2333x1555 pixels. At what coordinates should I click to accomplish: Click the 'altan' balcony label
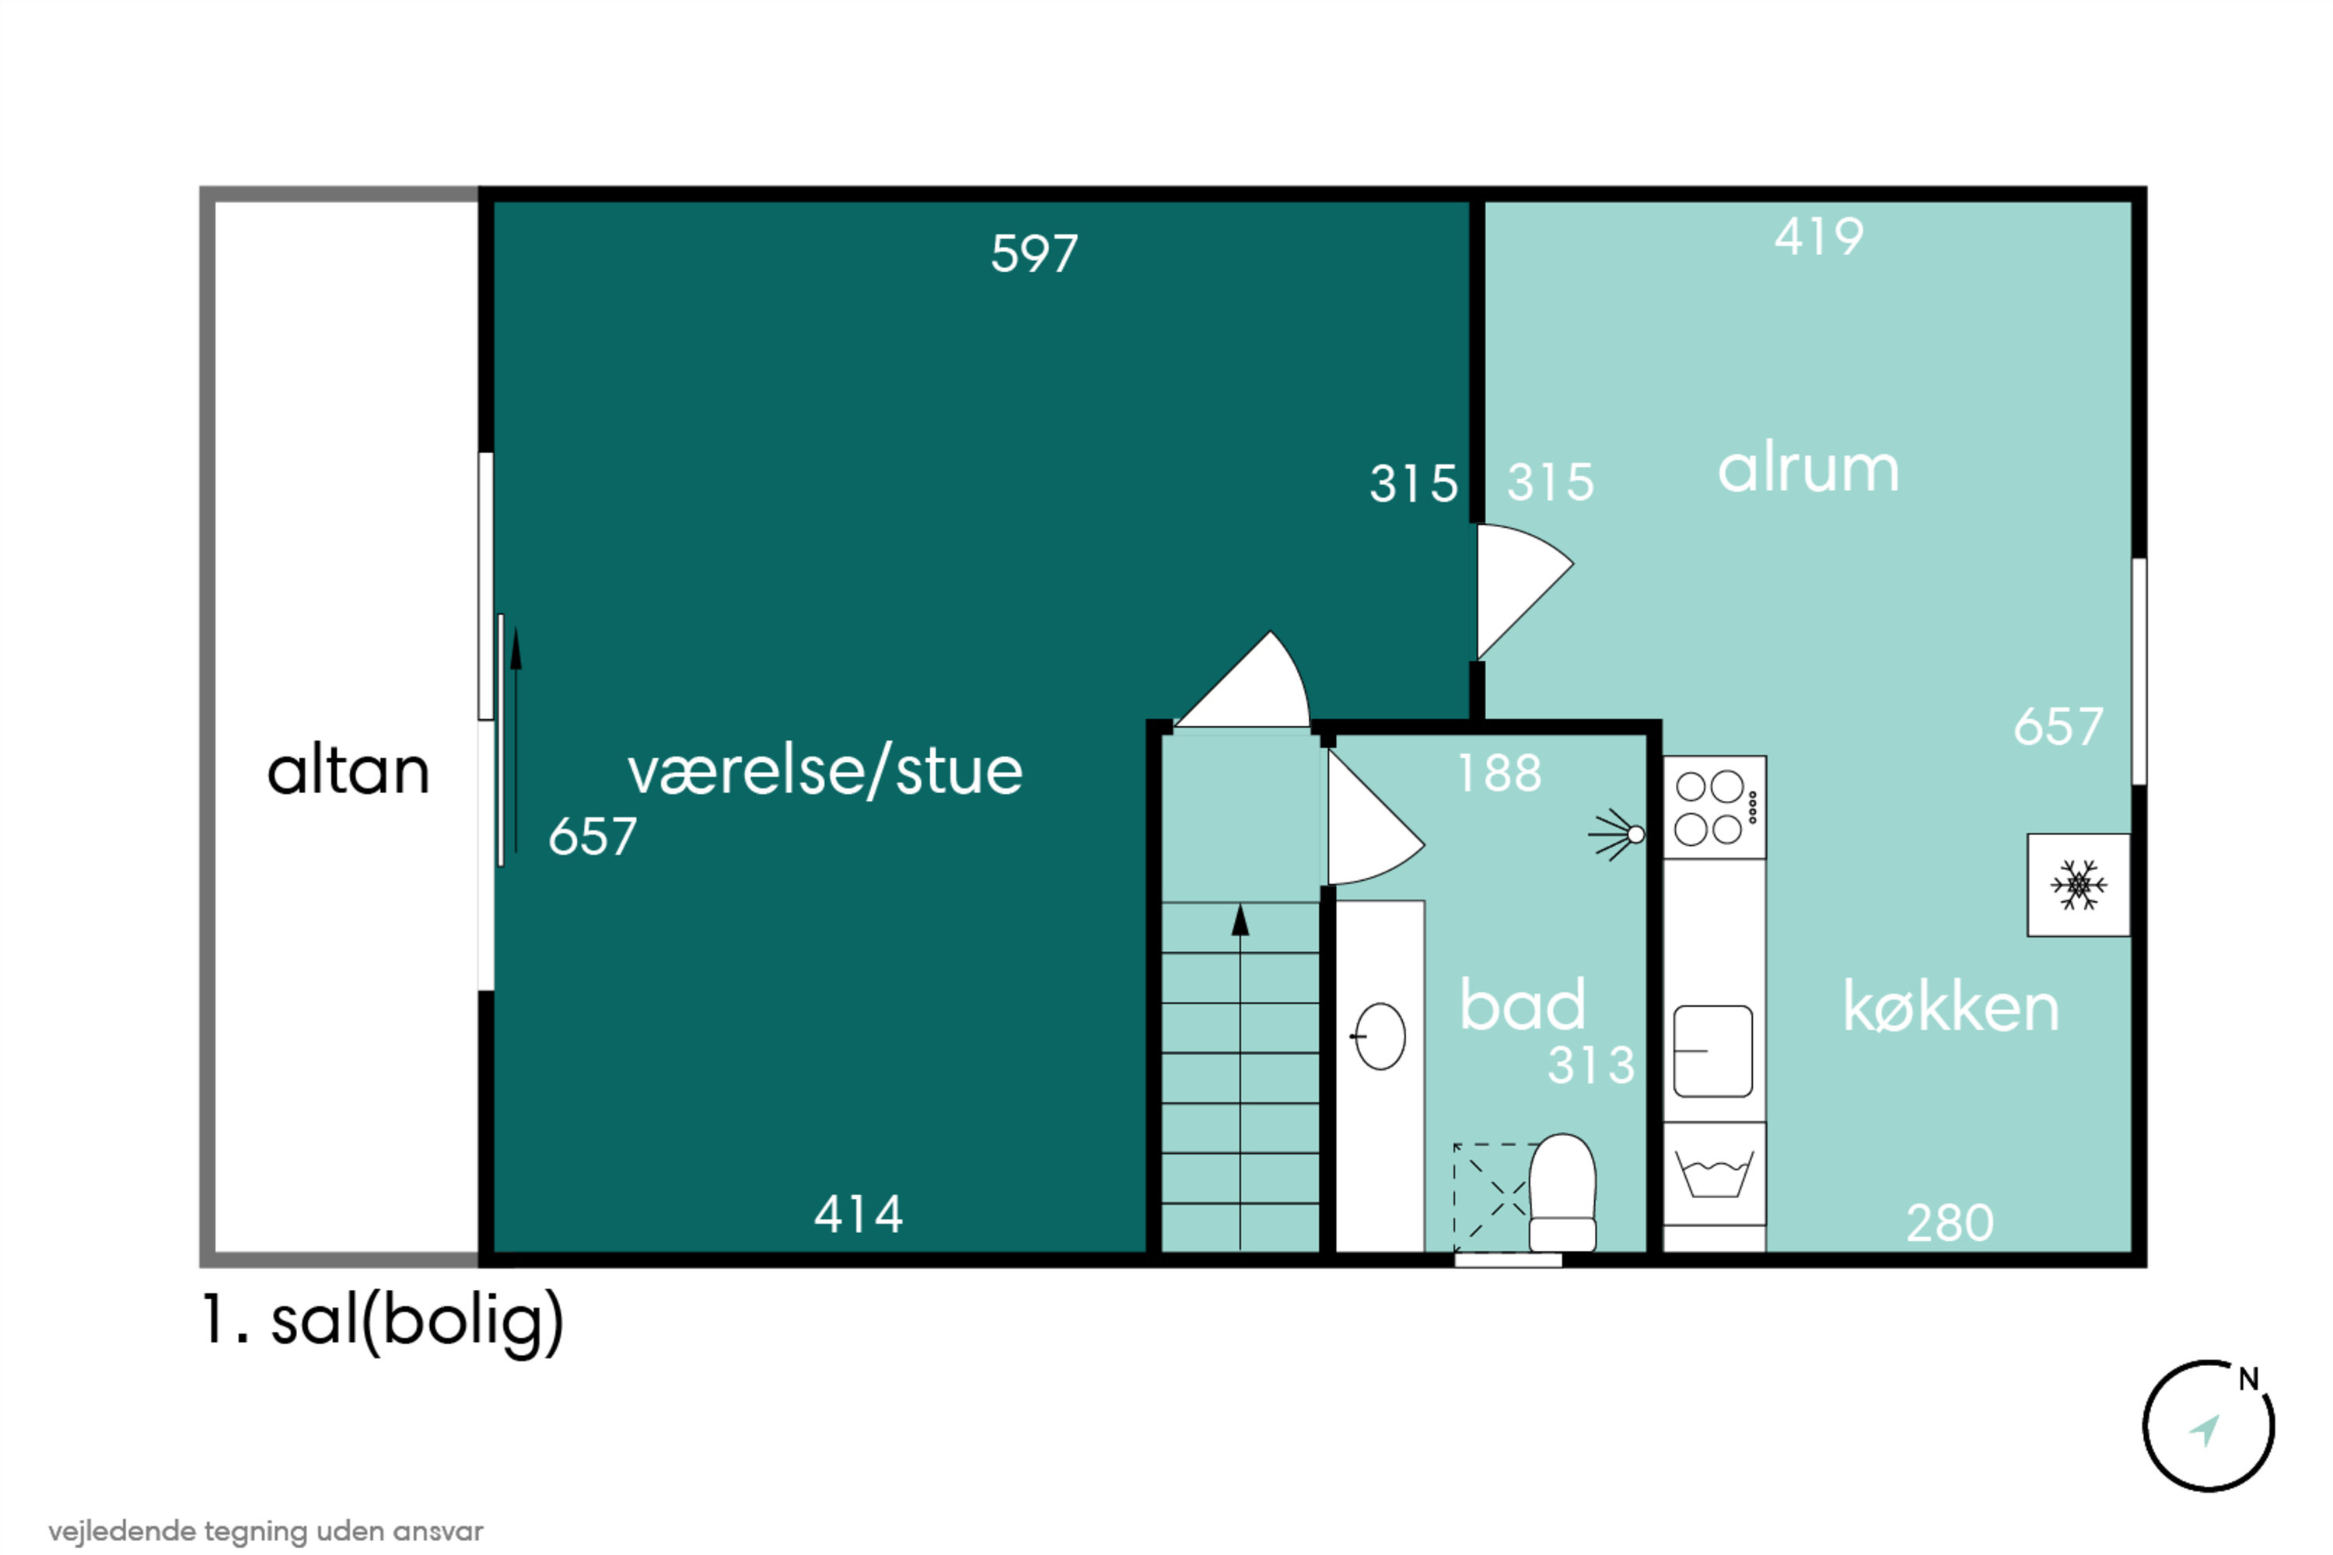point(348,771)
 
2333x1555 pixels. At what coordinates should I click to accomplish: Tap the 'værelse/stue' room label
point(825,771)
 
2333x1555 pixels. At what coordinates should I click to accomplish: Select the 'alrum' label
point(1808,468)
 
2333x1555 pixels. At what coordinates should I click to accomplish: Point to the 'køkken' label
point(1951,1007)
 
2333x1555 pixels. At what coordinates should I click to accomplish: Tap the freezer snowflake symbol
point(2078,885)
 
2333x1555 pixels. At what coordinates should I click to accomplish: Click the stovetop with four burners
point(1714,807)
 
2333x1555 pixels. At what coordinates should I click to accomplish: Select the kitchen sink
point(1713,1051)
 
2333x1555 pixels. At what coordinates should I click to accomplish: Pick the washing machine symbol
point(1714,1173)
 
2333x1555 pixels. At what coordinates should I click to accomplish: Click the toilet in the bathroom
point(1562,1193)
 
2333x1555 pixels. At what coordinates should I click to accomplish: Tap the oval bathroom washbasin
point(1380,1036)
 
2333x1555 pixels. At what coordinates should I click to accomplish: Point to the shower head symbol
point(1616,835)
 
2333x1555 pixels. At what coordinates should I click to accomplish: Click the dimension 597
point(1034,254)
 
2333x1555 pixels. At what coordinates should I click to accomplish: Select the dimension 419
point(1819,237)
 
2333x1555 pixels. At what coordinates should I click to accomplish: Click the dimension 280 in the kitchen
point(1950,1223)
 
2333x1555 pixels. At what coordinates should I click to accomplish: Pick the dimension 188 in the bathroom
point(1499,774)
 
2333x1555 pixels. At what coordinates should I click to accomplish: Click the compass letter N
point(2249,1379)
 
